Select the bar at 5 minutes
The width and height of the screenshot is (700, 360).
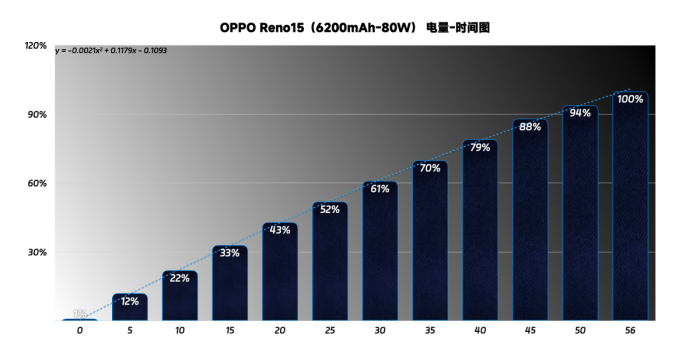point(130,307)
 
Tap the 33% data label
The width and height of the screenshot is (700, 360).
point(230,253)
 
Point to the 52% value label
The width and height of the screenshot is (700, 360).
point(330,209)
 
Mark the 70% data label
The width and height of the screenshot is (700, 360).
point(430,168)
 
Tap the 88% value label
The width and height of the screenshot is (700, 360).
point(530,127)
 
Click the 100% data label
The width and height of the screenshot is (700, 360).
point(630,99)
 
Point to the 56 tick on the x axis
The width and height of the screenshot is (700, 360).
point(630,330)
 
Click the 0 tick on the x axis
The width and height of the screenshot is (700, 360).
point(80,330)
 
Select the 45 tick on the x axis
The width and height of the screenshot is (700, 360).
point(530,330)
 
